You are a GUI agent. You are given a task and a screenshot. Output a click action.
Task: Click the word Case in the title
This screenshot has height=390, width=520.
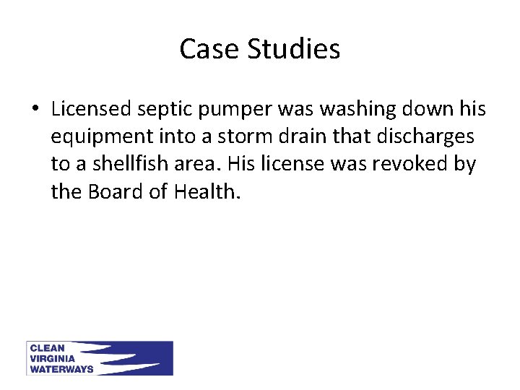[209, 49]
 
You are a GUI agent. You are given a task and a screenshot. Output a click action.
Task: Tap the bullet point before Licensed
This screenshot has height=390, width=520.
[35, 110]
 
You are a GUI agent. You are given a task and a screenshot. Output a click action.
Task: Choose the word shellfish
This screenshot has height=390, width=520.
[129, 164]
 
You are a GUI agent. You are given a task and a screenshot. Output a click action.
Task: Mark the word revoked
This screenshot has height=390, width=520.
[415, 164]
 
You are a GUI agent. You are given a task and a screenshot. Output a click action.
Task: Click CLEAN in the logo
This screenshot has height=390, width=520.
[48, 348]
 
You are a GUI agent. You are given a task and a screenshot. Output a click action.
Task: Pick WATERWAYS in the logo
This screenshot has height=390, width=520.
[61, 368]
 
